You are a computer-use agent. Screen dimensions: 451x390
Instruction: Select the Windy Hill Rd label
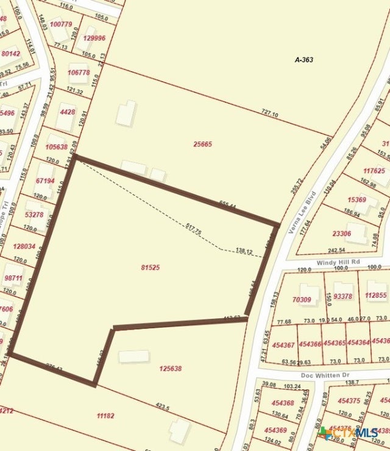338,262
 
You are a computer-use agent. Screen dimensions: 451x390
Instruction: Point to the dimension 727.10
269,114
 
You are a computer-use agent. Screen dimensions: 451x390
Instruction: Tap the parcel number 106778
79,72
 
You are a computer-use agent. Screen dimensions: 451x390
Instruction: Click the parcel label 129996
94,38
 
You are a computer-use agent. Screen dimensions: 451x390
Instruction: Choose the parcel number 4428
67,111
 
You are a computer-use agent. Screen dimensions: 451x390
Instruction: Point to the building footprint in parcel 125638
133,356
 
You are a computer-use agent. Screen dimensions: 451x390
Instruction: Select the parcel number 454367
283,344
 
